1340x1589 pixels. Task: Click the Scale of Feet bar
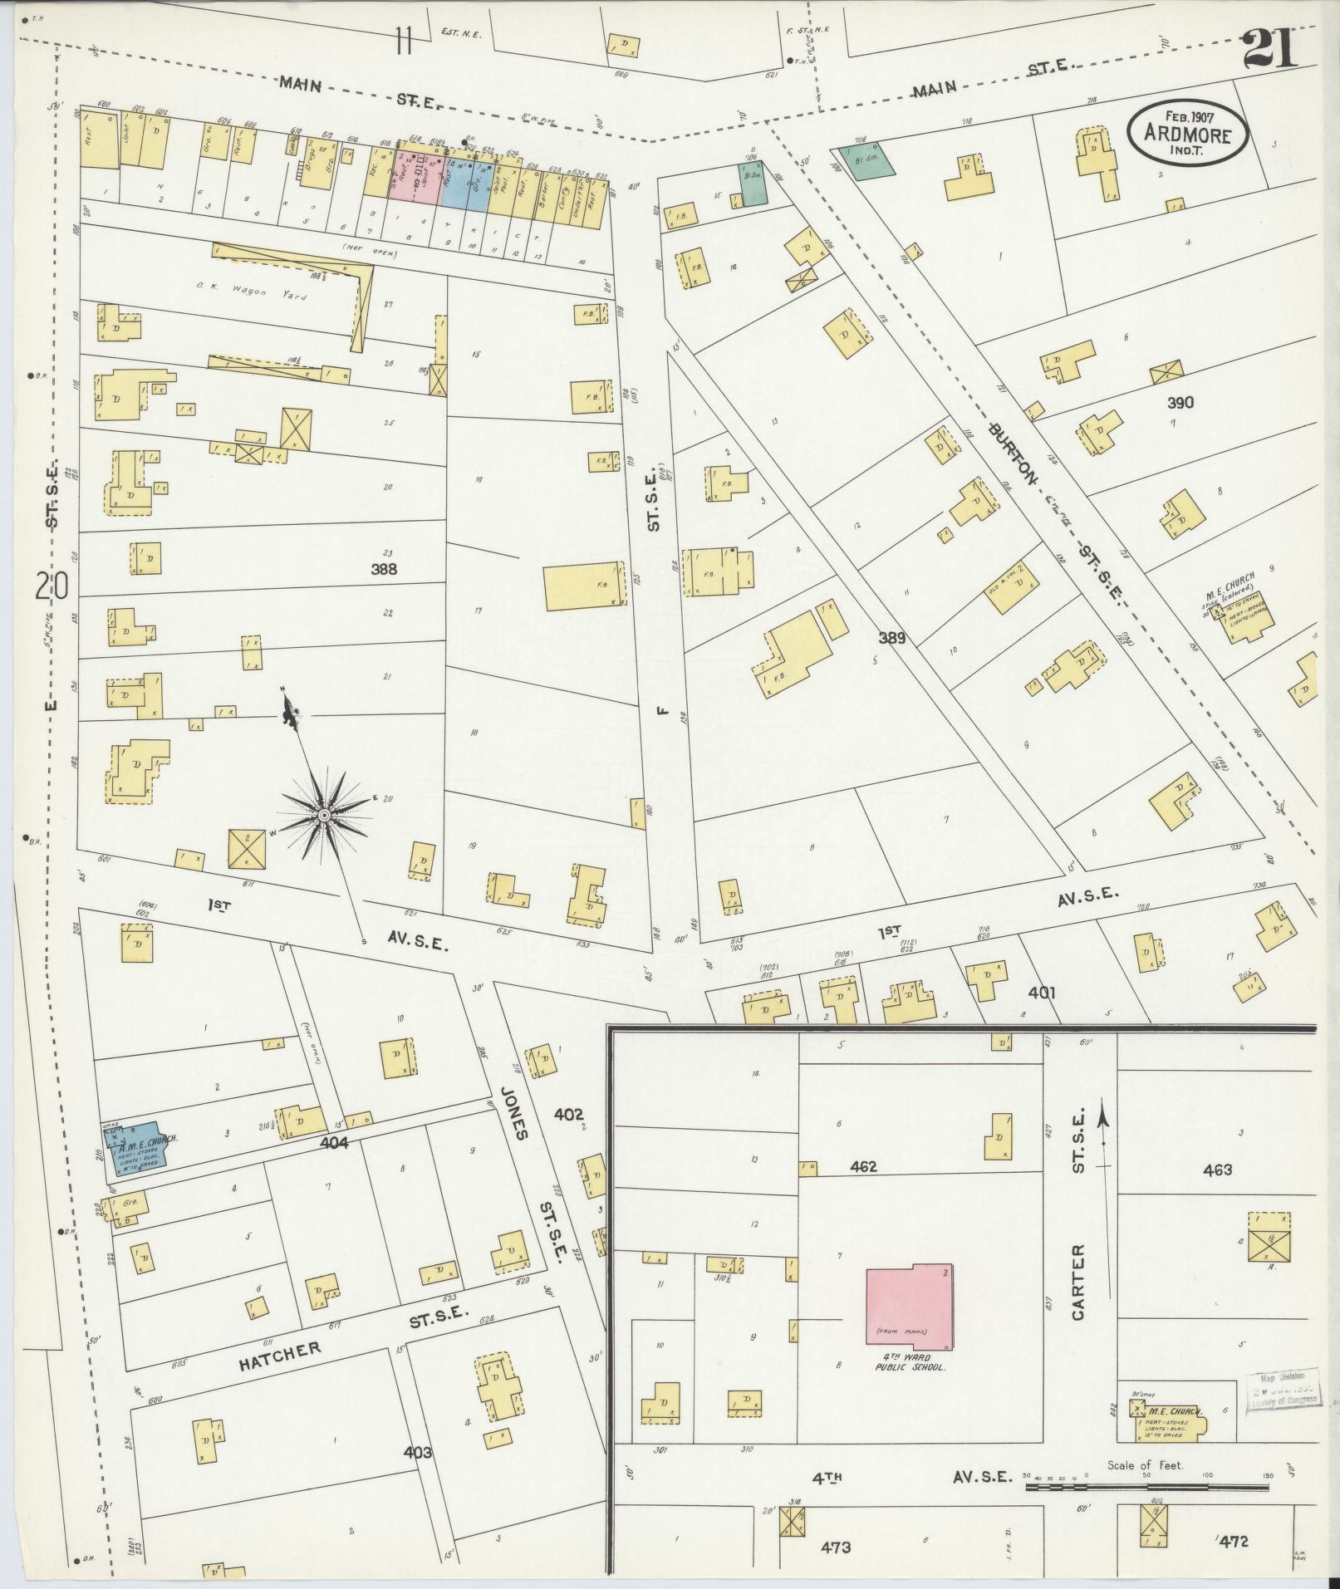[x=1146, y=1486]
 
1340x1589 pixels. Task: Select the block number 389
[x=891, y=638]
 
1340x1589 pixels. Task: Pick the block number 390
[x=1180, y=403]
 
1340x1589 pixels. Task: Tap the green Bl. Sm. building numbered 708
[x=866, y=159]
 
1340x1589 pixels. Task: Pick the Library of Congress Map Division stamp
[x=1284, y=1388]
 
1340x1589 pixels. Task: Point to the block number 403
[x=417, y=1452]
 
